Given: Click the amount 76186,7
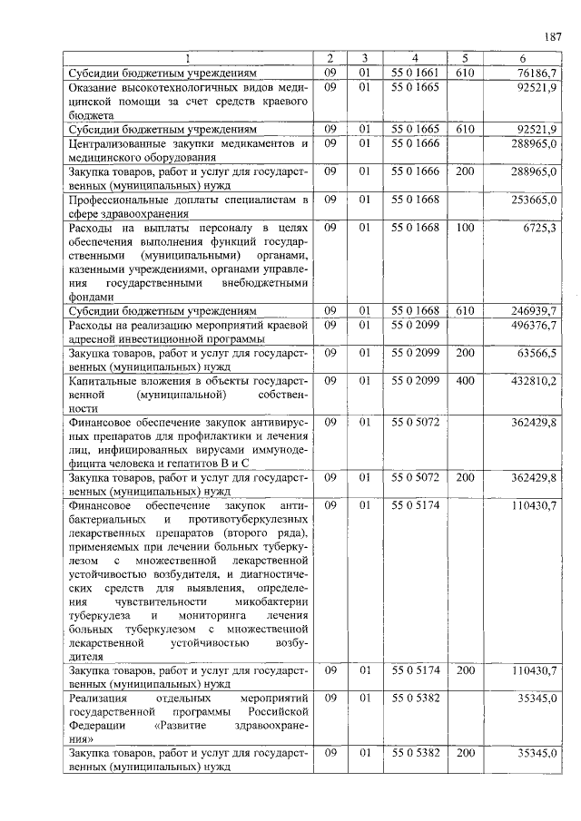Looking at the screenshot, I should [x=539, y=73].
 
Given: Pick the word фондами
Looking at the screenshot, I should [x=91, y=297].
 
